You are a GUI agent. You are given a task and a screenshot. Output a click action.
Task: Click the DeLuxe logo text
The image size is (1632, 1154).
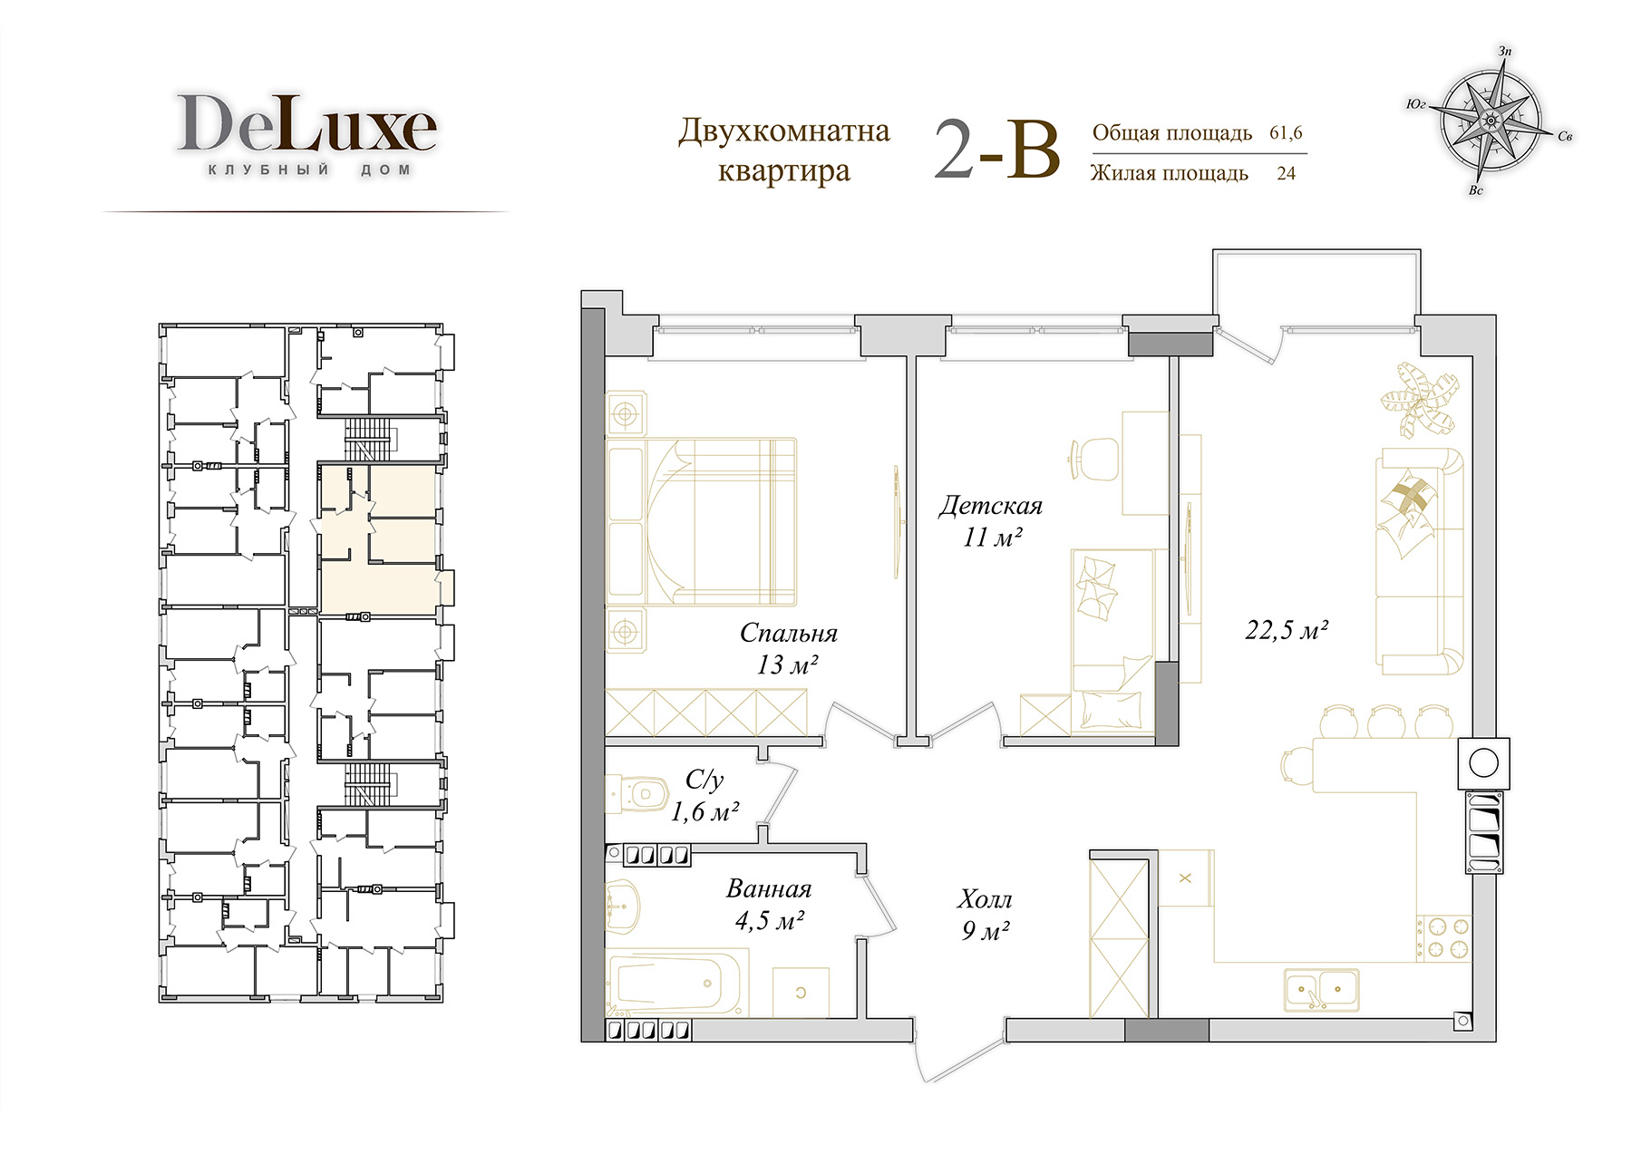pos(306,124)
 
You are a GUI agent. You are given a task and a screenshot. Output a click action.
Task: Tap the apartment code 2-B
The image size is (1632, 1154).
pos(996,150)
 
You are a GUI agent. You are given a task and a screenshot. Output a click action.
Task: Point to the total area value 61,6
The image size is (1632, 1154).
pos(1286,133)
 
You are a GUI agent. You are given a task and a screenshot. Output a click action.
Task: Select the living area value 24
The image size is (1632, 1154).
pos(1286,173)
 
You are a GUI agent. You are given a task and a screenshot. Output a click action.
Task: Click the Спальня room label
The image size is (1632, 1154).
pos(788,633)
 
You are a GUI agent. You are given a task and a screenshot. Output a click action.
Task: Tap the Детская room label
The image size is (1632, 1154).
pos(990,506)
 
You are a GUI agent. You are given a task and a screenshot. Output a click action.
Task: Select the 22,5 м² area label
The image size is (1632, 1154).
pos(1287,629)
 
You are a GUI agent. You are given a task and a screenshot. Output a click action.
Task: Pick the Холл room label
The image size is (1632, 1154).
pos(984,899)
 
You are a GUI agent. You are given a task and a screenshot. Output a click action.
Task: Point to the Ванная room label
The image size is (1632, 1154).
pos(769,888)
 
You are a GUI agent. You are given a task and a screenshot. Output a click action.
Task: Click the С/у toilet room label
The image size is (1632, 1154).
pos(704,780)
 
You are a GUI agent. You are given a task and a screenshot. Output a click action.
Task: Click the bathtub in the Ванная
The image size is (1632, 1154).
pos(676,983)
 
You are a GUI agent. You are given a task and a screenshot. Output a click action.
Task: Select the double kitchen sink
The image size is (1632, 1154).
pos(1321,989)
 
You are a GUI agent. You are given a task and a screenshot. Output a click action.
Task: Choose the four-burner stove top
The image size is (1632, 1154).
pos(1443,938)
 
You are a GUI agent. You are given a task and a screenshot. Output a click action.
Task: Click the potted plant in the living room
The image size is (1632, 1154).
pos(1421,400)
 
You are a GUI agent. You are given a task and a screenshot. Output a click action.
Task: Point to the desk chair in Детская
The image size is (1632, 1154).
pos(1094,460)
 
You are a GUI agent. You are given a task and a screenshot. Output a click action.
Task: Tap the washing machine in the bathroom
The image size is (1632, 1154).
pos(801,992)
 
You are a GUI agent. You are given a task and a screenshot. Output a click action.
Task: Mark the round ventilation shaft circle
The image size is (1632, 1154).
pos(1483,763)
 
